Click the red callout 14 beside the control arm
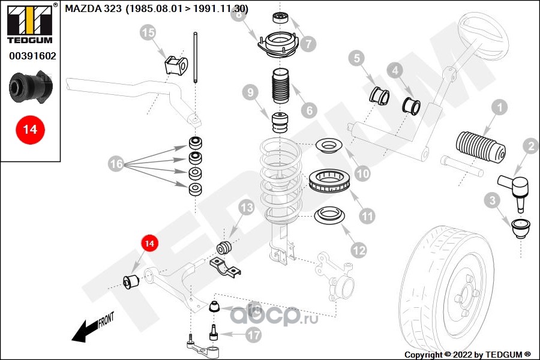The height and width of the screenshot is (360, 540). (x=149, y=244)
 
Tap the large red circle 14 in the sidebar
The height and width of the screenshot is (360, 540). (x=30, y=130)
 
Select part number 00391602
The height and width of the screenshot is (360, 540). (x=32, y=56)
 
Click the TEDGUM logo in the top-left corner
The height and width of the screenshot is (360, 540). (x=30, y=23)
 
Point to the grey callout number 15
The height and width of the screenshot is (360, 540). (x=148, y=33)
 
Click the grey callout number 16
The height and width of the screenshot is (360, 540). (x=116, y=164)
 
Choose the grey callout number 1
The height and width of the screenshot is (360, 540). (x=500, y=108)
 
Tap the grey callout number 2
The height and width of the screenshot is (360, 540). (x=531, y=146)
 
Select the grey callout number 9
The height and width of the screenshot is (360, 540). (x=250, y=92)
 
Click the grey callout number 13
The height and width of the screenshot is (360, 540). (x=247, y=208)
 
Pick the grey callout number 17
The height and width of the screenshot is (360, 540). (x=254, y=335)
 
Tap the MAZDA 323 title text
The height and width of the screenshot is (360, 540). (x=157, y=8)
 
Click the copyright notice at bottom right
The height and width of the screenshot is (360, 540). (x=467, y=355)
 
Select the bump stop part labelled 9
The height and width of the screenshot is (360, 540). (x=280, y=122)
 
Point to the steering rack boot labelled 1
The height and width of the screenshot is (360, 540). (x=481, y=147)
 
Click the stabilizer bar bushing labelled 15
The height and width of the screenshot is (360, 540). (x=176, y=65)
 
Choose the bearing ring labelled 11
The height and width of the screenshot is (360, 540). (x=329, y=181)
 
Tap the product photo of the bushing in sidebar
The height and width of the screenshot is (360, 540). (x=31, y=87)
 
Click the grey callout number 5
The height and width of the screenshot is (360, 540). (x=356, y=58)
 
